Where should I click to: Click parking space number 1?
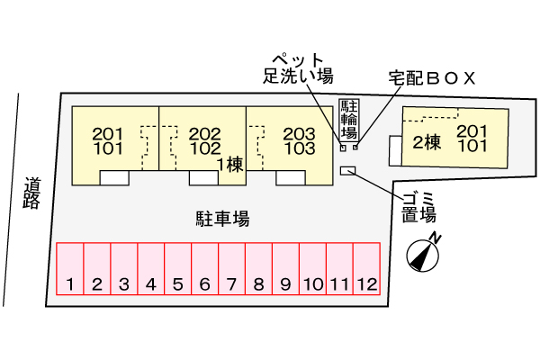[70, 270]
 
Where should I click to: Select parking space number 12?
[366, 270]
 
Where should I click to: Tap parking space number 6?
[204, 270]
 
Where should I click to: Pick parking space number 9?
[285, 270]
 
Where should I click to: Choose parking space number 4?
[151, 270]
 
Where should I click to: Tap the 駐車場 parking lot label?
[222, 218]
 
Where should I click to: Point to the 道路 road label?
[31, 192]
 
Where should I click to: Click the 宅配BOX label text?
[431, 78]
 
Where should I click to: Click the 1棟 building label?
[230, 164]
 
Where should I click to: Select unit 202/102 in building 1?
[205, 140]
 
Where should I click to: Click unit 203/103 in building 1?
[298, 140]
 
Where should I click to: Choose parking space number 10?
[312, 270]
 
